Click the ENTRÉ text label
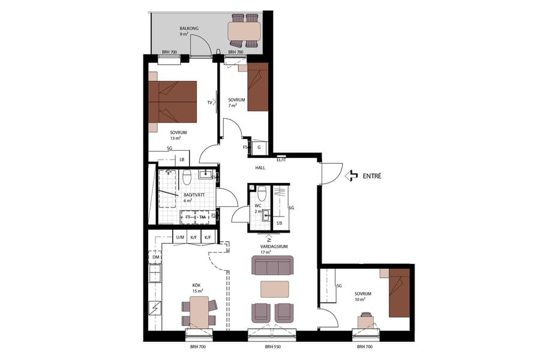(x=372, y=176)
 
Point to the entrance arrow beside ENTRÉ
(x=352, y=176)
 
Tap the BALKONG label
(x=189, y=29)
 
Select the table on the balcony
(x=244, y=30)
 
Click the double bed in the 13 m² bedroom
(x=173, y=101)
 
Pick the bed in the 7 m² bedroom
(x=257, y=90)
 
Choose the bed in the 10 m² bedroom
(x=399, y=293)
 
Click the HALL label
(x=260, y=167)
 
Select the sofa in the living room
(x=272, y=265)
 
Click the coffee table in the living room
(x=274, y=289)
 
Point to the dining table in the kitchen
(x=199, y=312)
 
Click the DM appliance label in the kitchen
(x=155, y=257)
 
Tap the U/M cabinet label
(x=180, y=238)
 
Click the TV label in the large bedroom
(x=210, y=103)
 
